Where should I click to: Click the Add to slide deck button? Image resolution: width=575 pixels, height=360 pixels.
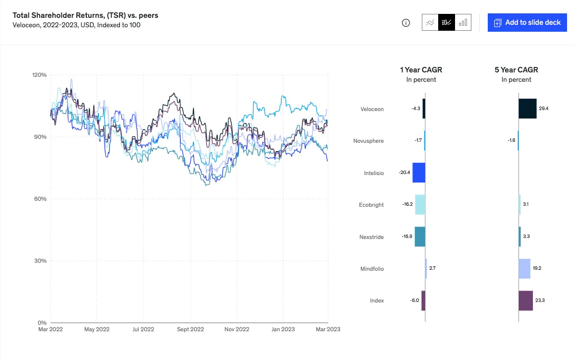tap(527, 22)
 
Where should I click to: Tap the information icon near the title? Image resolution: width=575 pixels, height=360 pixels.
tap(406, 23)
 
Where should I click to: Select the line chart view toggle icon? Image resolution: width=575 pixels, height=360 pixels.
tap(430, 22)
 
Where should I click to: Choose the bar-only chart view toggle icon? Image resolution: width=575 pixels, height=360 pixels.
tap(463, 22)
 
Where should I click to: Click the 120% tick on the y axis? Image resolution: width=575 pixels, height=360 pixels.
tap(39, 75)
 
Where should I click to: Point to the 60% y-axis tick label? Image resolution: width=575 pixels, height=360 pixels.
tap(39, 199)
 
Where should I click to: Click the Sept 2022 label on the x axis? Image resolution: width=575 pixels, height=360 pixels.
tap(190, 329)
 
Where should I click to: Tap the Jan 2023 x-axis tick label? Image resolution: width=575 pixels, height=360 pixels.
tap(283, 329)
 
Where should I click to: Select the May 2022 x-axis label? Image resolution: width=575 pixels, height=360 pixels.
tap(96, 329)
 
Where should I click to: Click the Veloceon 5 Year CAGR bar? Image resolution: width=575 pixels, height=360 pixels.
tap(527, 109)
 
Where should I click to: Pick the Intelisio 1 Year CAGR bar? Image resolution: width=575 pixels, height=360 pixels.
tap(419, 173)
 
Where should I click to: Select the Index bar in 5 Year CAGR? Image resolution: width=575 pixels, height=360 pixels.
tap(525, 300)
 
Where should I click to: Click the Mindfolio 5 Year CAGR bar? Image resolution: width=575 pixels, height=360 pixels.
tap(524, 269)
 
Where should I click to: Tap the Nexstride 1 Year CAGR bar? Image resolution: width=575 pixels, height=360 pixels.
tap(420, 237)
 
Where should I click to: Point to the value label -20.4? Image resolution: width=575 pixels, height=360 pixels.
tap(404, 173)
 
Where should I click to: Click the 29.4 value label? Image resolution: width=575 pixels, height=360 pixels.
tap(544, 109)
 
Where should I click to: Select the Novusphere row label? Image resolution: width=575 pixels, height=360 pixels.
tap(368, 141)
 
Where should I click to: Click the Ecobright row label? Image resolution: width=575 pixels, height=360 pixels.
tap(371, 205)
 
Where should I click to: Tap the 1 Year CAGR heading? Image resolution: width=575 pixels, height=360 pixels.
tap(421, 70)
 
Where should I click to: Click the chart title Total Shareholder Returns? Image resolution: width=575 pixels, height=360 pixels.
tap(85, 15)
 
